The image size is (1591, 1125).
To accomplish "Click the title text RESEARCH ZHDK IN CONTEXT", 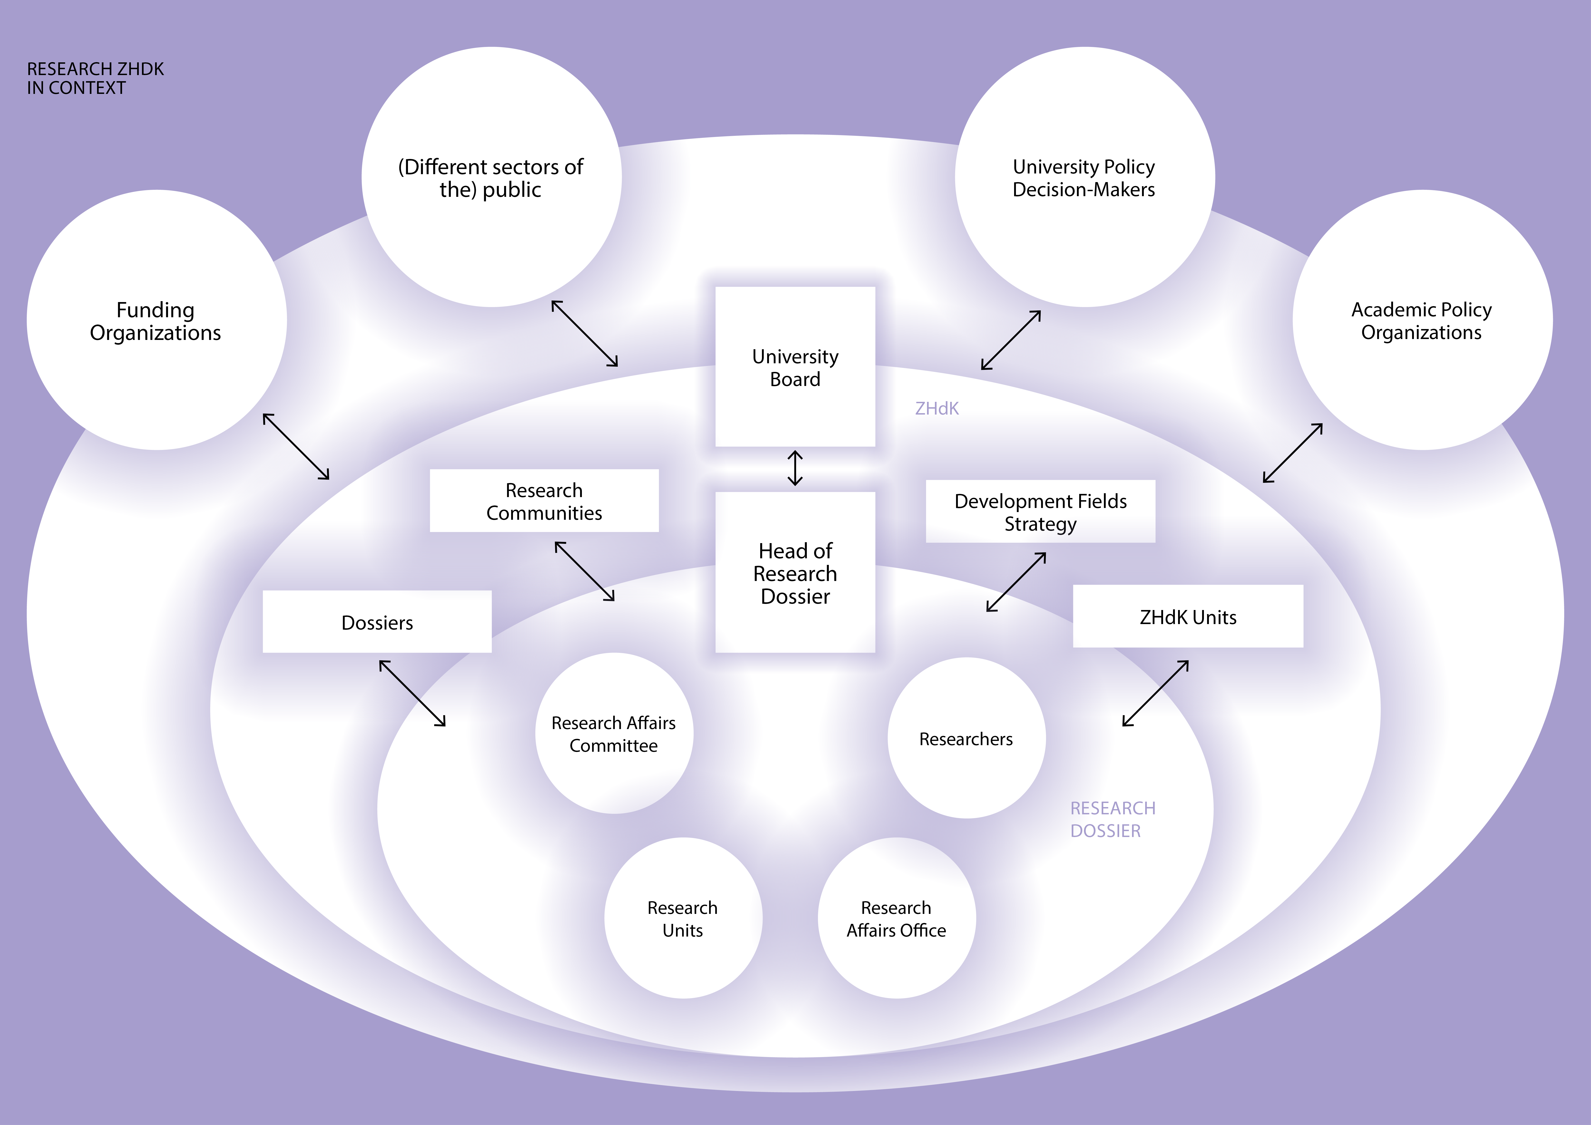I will tap(95, 78).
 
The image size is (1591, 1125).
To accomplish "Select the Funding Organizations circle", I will tap(157, 320).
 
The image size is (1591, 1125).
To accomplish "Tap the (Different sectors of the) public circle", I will tap(491, 178).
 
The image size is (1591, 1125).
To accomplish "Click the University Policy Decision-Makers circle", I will tap(1084, 178).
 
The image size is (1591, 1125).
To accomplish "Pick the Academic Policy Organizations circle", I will tap(1422, 320).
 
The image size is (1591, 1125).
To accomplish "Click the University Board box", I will tap(795, 367).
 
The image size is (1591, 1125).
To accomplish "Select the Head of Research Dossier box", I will tap(795, 573).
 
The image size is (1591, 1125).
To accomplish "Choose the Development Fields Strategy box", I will tap(1040, 512).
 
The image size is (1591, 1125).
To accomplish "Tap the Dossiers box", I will tap(377, 622).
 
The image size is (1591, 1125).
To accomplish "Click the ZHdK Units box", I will tap(1188, 616).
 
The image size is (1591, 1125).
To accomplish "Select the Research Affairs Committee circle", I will tap(614, 733).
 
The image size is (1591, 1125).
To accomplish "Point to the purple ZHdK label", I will tap(937, 408).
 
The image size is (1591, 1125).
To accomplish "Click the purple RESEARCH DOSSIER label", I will tap(1112, 819).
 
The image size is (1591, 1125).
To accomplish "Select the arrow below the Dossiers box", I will tap(412, 693).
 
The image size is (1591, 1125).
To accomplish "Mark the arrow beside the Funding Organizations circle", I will tap(296, 447).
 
